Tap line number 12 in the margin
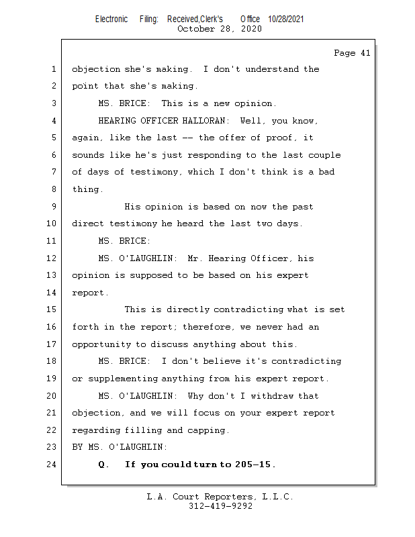(x=53, y=258)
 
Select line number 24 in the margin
(x=53, y=465)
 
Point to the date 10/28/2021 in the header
(x=285, y=19)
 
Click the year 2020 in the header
(x=248, y=29)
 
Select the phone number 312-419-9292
(x=220, y=506)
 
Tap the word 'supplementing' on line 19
(x=122, y=379)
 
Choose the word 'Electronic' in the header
(x=111, y=19)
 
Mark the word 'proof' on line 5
(x=280, y=138)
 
